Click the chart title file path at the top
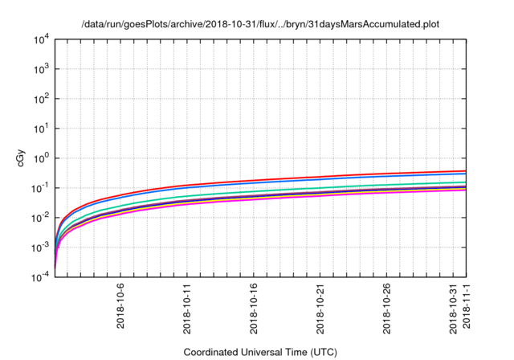(261, 24)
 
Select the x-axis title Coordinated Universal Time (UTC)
(261, 352)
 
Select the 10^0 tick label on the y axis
(42, 158)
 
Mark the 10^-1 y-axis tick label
(41, 188)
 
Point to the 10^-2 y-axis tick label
(41, 218)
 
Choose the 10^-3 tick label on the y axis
(41, 247)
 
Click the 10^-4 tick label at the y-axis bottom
(41, 276)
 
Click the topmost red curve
(321, 177)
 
